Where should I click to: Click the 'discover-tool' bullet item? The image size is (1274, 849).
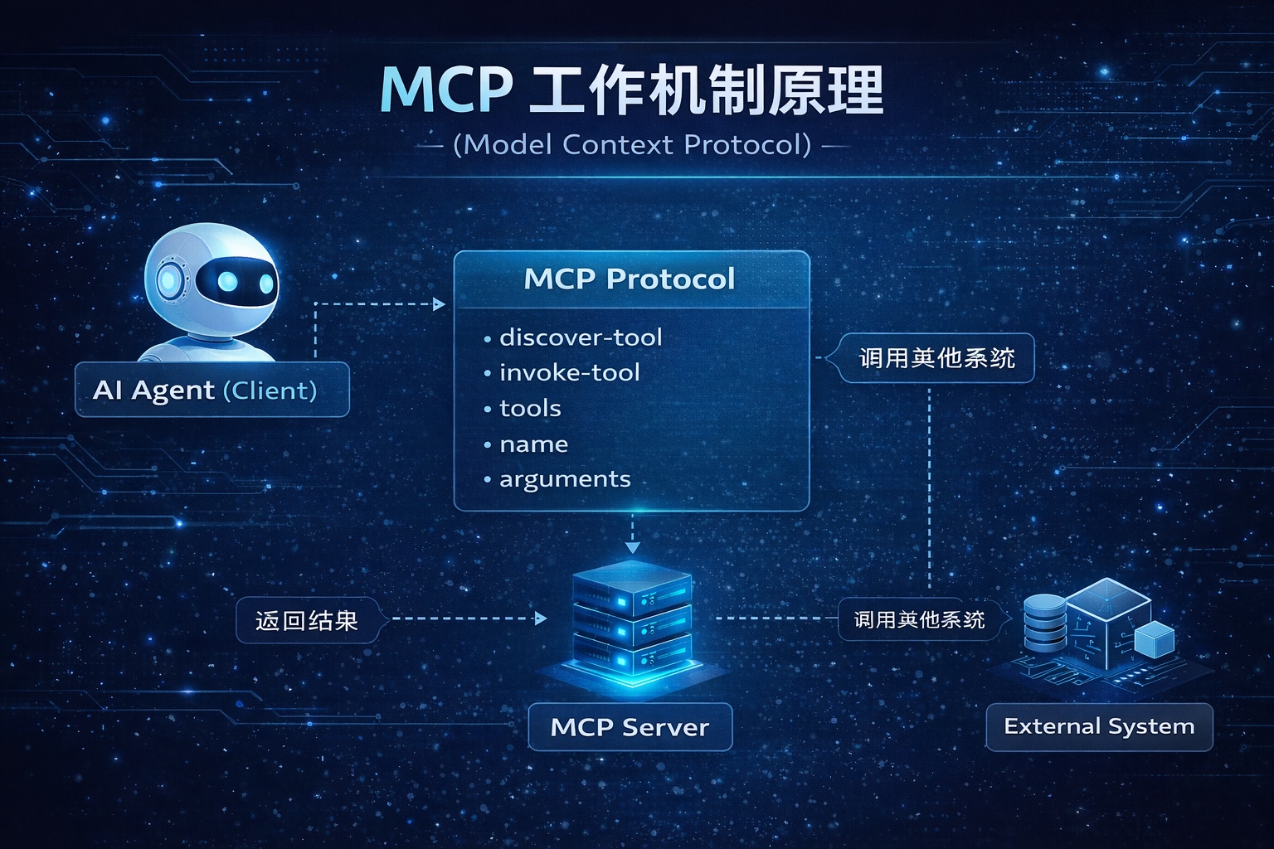[580, 337]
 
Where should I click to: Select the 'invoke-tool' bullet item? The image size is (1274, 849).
[569, 373]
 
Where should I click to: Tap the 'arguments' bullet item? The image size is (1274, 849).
[564, 479]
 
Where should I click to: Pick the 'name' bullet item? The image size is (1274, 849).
[533, 444]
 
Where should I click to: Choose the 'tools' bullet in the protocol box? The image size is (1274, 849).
[530, 409]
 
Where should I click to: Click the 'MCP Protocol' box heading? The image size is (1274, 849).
[630, 279]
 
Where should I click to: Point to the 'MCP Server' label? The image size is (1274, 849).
[630, 727]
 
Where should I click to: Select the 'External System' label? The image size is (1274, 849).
[1099, 726]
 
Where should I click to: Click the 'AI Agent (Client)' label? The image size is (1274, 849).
[205, 390]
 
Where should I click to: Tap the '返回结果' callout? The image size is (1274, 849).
[307, 620]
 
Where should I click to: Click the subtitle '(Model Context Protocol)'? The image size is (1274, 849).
[632, 145]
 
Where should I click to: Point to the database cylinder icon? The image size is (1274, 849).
[1044, 623]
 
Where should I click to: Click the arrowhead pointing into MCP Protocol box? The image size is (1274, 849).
[440, 304]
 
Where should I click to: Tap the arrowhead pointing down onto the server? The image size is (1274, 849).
[632, 547]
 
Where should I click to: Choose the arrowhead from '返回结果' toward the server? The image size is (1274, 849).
[541, 618]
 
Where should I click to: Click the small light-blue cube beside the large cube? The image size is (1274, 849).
[1154, 639]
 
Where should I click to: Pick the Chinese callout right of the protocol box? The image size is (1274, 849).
[936, 358]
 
